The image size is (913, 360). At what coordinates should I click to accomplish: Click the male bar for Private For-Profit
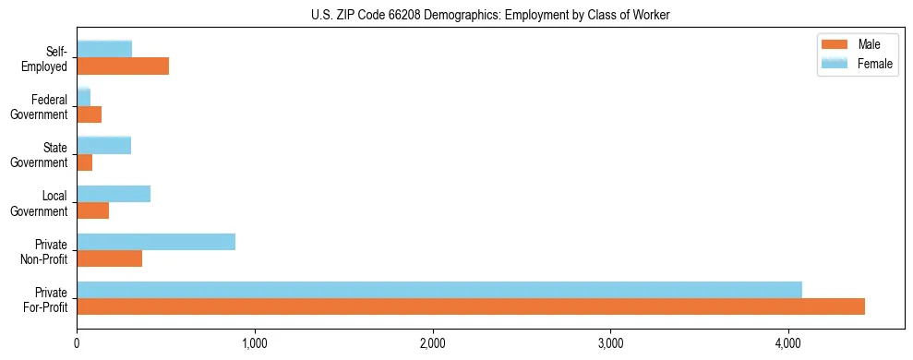[x=471, y=306]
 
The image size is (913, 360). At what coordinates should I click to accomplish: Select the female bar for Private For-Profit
[x=439, y=290]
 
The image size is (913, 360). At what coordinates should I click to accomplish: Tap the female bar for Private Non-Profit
[x=156, y=242]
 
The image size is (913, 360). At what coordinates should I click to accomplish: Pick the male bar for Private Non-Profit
[x=110, y=258]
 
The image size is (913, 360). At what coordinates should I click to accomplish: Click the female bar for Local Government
[x=114, y=194]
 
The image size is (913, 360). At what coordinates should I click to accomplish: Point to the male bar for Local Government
[x=93, y=210]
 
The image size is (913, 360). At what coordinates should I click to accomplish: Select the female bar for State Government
[x=104, y=146]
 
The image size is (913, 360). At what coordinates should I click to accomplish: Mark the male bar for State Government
[x=85, y=162]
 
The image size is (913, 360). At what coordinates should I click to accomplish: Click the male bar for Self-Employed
[x=123, y=66]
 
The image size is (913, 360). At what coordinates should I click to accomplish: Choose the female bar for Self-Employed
[x=104, y=49]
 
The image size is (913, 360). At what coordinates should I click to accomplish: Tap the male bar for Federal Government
[x=90, y=114]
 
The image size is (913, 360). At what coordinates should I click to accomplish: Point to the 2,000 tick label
[x=432, y=344]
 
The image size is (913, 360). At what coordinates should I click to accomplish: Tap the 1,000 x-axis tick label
[x=254, y=344]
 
